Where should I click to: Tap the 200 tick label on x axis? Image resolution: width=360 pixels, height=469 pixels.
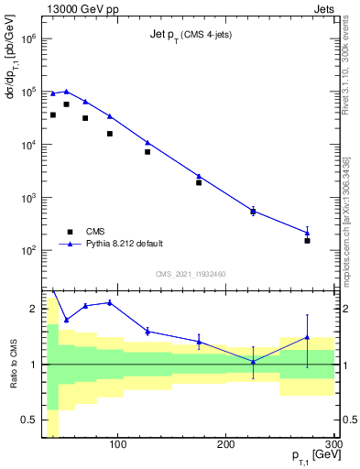[x=226, y=446]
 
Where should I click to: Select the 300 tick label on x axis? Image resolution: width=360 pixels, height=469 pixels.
[x=333, y=446]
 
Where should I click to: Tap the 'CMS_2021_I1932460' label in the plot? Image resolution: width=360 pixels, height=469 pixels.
[x=190, y=274]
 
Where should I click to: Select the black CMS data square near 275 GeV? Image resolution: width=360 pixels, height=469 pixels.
[x=308, y=240]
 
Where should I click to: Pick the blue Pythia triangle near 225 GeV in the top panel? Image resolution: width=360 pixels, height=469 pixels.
[x=253, y=211]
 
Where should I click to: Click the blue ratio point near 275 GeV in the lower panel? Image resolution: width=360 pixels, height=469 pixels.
[x=308, y=337]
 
